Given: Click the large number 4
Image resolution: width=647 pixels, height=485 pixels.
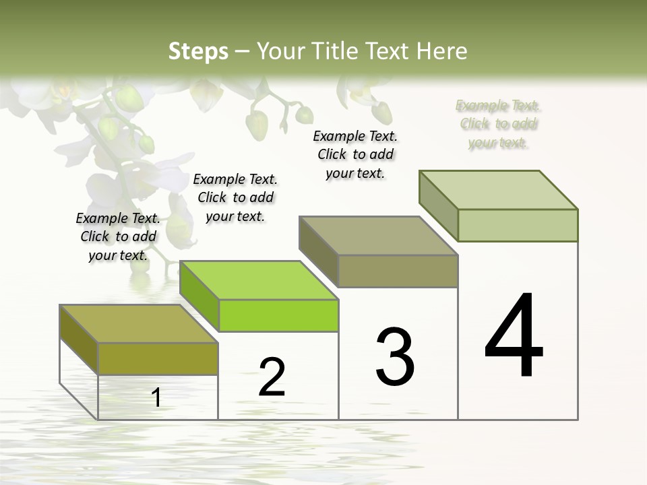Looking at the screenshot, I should tap(514, 337).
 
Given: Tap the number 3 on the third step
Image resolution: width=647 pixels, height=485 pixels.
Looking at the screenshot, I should tap(395, 357).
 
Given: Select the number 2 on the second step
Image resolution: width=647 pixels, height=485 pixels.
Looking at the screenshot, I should tap(272, 377).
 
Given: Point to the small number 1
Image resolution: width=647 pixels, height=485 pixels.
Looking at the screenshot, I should tap(156, 398).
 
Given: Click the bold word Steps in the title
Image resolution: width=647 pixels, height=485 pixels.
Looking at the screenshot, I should tap(198, 51).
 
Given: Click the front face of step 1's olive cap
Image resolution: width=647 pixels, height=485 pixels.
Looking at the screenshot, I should tap(158, 358).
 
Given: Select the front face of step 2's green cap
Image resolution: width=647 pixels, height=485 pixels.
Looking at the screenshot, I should tap(278, 315).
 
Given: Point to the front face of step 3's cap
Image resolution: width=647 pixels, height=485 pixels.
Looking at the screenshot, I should tap(398, 271).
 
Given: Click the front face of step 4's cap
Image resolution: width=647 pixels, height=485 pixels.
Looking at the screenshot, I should tap(518, 225).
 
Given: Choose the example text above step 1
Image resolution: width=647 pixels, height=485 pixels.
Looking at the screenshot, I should tap(118, 236).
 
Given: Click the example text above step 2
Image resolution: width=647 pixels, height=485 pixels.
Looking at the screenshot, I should tap(235, 197).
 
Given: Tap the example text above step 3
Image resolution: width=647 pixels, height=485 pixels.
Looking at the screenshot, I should tap(355, 154).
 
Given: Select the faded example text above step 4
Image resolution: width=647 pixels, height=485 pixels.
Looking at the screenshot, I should tap(498, 124).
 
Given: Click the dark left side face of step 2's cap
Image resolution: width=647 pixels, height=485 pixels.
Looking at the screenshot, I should tap(199, 296).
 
